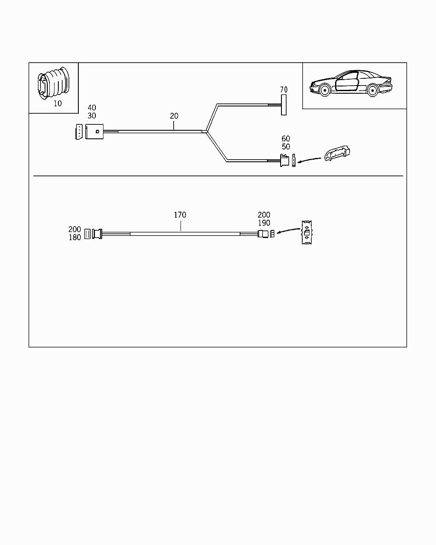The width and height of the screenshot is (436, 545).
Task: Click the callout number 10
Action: point(58,103)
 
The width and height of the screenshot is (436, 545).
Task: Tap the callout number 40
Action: point(92,108)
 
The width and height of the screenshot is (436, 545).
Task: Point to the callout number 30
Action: point(92,116)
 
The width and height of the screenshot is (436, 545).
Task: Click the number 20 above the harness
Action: point(174,116)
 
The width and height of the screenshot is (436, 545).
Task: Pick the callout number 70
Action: point(284,90)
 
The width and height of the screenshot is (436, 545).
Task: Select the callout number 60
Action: point(286,139)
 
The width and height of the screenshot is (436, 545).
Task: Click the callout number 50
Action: point(286,147)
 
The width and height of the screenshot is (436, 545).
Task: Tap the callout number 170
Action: point(180,215)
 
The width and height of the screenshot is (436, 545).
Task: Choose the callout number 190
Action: point(264,223)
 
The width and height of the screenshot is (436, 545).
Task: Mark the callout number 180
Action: point(75,238)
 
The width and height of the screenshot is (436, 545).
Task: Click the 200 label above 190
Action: point(264,215)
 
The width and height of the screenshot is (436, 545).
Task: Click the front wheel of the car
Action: point(324,90)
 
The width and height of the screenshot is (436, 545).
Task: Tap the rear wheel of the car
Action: point(373,91)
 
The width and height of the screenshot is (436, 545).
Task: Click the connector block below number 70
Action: point(284,105)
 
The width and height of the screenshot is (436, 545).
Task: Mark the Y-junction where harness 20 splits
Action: point(207,132)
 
